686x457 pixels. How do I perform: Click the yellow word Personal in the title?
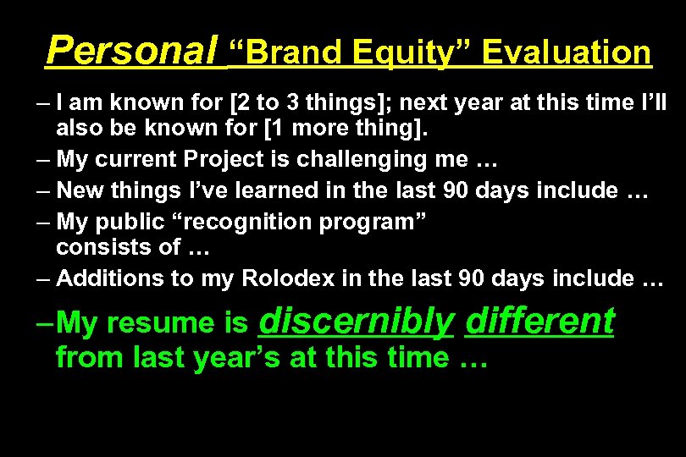click(132, 50)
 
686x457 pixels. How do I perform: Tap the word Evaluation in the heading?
click(568, 52)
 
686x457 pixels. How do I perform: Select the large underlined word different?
click(539, 321)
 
